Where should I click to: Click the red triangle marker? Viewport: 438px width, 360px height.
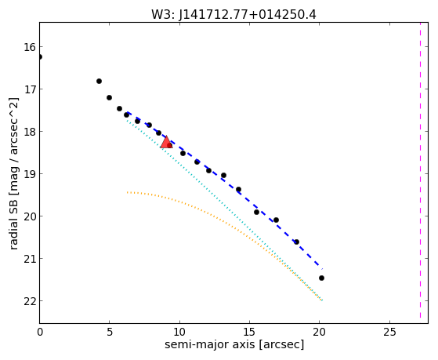point(166,143)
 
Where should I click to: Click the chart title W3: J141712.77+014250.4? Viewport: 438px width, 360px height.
point(233,15)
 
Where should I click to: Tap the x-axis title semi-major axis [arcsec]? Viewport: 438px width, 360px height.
point(234,344)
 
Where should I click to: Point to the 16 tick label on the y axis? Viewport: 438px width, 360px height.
point(30,47)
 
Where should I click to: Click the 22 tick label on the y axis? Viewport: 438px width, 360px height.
point(30,301)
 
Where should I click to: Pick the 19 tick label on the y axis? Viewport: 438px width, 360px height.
point(30,174)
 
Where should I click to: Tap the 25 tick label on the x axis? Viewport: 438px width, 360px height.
point(389,332)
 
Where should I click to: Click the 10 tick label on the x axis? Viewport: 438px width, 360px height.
point(179,332)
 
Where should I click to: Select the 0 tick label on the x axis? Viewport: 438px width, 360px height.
point(40,332)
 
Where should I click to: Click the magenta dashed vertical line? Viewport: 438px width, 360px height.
point(420,170)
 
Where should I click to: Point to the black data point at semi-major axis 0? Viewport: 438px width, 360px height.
point(40,56)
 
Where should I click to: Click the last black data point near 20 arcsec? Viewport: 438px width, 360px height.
point(321,278)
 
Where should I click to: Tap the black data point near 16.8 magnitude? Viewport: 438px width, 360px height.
point(99,81)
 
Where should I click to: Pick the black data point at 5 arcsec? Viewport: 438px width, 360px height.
point(109,97)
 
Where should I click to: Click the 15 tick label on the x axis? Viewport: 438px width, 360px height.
point(249,332)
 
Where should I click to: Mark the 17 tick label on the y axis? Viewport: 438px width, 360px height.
point(30,89)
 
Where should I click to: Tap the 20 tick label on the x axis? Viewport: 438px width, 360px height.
point(320,332)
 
